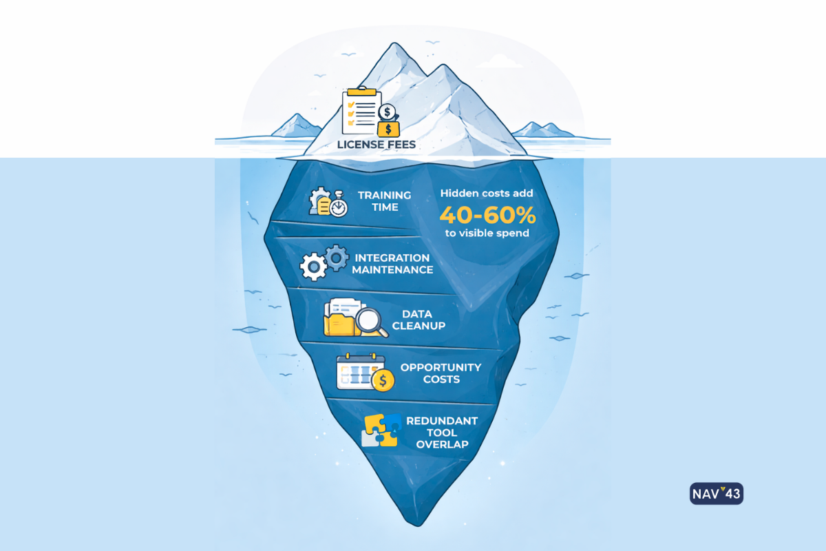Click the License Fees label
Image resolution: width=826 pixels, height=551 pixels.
[x=377, y=145]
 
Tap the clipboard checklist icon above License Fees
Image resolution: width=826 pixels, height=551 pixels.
[x=359, y=110]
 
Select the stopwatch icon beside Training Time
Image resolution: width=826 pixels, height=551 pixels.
[x=338, y=207]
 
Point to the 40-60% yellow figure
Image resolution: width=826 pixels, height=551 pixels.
[x=487, y=216]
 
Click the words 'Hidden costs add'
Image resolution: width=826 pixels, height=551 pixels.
[x=487, y=194]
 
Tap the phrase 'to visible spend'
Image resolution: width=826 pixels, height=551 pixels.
[x=487, y=233]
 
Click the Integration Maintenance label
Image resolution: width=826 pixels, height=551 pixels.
[x=392, y=264]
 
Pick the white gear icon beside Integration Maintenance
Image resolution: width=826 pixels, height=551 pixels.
[x=314, y=265]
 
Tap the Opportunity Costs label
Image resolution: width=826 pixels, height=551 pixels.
[x=441, y=373]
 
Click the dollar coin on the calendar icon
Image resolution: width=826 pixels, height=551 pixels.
[x=383, y=379]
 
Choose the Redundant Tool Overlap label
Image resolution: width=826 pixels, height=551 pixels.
[x=442, y=433]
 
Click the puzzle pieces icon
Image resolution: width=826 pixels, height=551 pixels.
[x=381, y=431]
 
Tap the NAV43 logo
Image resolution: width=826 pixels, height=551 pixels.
[x=716, y=494]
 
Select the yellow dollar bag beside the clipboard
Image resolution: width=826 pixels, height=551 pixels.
[x=389, y=127]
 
